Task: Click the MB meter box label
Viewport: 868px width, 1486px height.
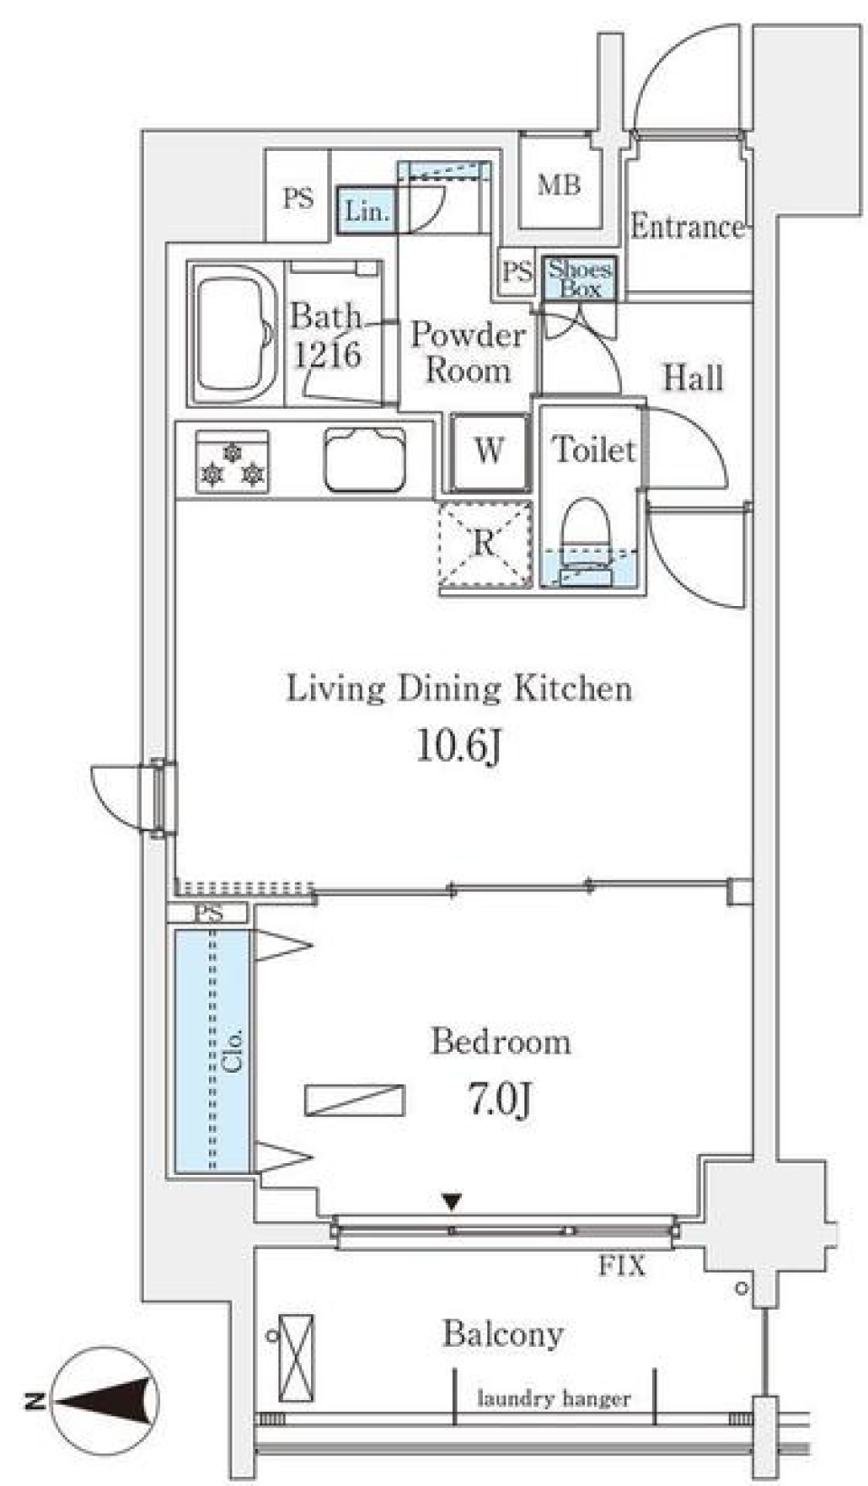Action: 559,186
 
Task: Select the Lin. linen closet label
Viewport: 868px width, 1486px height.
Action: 367,212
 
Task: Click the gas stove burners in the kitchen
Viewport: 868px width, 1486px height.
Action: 232,462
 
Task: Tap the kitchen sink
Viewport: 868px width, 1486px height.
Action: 365,459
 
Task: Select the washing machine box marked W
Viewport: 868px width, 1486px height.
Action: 489,450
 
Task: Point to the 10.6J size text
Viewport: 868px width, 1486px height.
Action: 458,747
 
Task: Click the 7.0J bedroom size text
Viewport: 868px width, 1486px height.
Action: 499,1100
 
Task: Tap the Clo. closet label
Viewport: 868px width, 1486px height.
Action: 232,1050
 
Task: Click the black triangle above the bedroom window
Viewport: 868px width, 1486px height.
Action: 452,1202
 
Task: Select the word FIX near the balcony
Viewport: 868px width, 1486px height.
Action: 622,1265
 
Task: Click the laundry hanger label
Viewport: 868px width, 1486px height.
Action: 553,1399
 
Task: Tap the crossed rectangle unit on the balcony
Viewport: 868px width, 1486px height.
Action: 297,1357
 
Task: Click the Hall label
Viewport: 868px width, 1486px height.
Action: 693,377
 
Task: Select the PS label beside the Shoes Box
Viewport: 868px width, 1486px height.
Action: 517,271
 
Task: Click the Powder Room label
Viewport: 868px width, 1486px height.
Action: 467,353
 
